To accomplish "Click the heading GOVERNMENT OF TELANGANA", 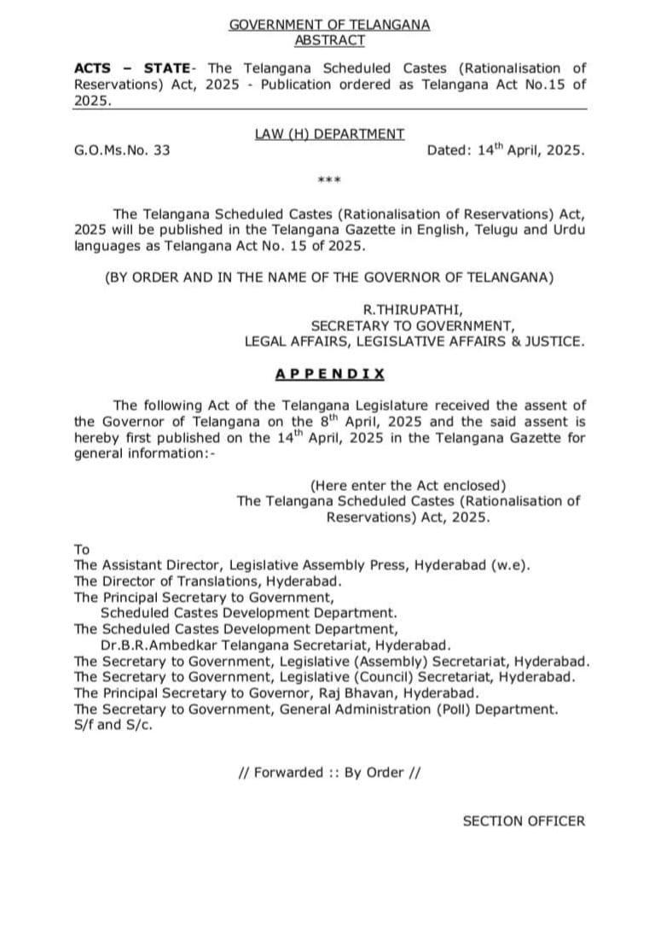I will (x=329, y=26).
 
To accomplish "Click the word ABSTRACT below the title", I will (x=329, y=40).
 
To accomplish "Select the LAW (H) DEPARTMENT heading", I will (x=329, y=134).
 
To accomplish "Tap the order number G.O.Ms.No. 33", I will (x=122, y=150).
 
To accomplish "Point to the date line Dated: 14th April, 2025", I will (x=506, y=149).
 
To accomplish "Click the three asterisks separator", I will (x=329, y=181).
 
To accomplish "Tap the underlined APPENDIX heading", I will (x=329, y=374).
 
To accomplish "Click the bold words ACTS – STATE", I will (x=131, y=68).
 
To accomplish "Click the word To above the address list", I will (x=82, y=550).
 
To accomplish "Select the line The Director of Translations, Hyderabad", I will (x=208, y=581).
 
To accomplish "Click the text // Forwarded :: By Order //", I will (x=329, y=773).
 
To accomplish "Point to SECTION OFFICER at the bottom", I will (x=524, y=821).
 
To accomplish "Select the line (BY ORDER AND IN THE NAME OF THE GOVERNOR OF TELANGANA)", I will (x=329, y=278).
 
